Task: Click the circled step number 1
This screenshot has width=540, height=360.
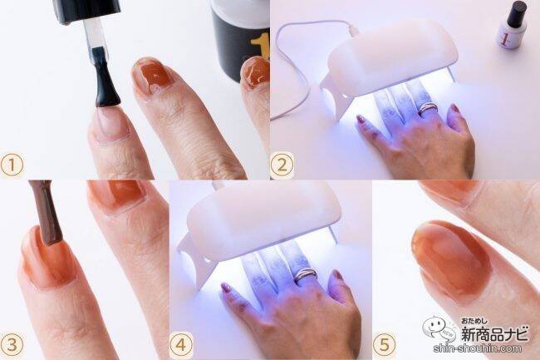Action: (x=12, y=165)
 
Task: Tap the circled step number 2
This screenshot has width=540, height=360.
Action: (x=282, y=165)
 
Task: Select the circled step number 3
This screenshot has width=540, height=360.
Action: (x=12, y=345)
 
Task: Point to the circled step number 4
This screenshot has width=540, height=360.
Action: (x=181, y=344)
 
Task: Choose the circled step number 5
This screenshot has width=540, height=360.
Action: (x=384, y=344)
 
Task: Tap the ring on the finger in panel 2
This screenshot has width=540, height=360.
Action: (x=427, y=109)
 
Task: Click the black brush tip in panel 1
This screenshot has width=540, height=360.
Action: (x=106, y=82)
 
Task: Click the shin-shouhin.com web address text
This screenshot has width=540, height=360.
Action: (x=478, y=348)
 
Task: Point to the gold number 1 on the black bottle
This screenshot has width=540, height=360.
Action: (x=259, y=47)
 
